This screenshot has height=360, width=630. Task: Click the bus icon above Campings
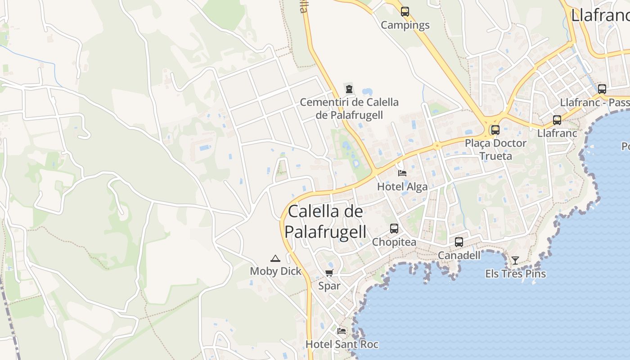[x=405, y=12]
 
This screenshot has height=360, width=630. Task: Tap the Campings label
[x=405, y=25]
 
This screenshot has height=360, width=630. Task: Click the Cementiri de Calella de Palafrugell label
[x=349, y=108]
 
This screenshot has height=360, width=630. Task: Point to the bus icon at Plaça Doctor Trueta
[x=495, y=130]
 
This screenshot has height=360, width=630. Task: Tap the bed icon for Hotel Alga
[x=402, y=173]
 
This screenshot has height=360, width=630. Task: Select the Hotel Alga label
[x=402, y=187]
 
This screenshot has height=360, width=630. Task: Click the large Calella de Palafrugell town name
[x=325, y=221]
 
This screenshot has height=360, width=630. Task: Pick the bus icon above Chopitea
[x=394, y=229]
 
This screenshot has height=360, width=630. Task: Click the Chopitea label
[x=394, y=242]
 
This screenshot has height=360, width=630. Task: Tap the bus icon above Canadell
[x=459, y=242]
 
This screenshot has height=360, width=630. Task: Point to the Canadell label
[x=459, y=255]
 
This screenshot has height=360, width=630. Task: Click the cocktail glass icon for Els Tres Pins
[x=515, y=260]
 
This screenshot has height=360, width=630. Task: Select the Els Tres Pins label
[x=515, y=274]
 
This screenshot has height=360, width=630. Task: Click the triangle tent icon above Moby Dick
[x=275, y=258]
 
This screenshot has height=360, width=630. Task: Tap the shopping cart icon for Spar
[x=329, y=273]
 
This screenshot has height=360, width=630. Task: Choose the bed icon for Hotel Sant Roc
[x=342, y=331]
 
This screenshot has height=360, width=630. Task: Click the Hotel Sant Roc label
[x=342, y=345]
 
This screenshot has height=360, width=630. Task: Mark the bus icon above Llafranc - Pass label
[x=602, y=89]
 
